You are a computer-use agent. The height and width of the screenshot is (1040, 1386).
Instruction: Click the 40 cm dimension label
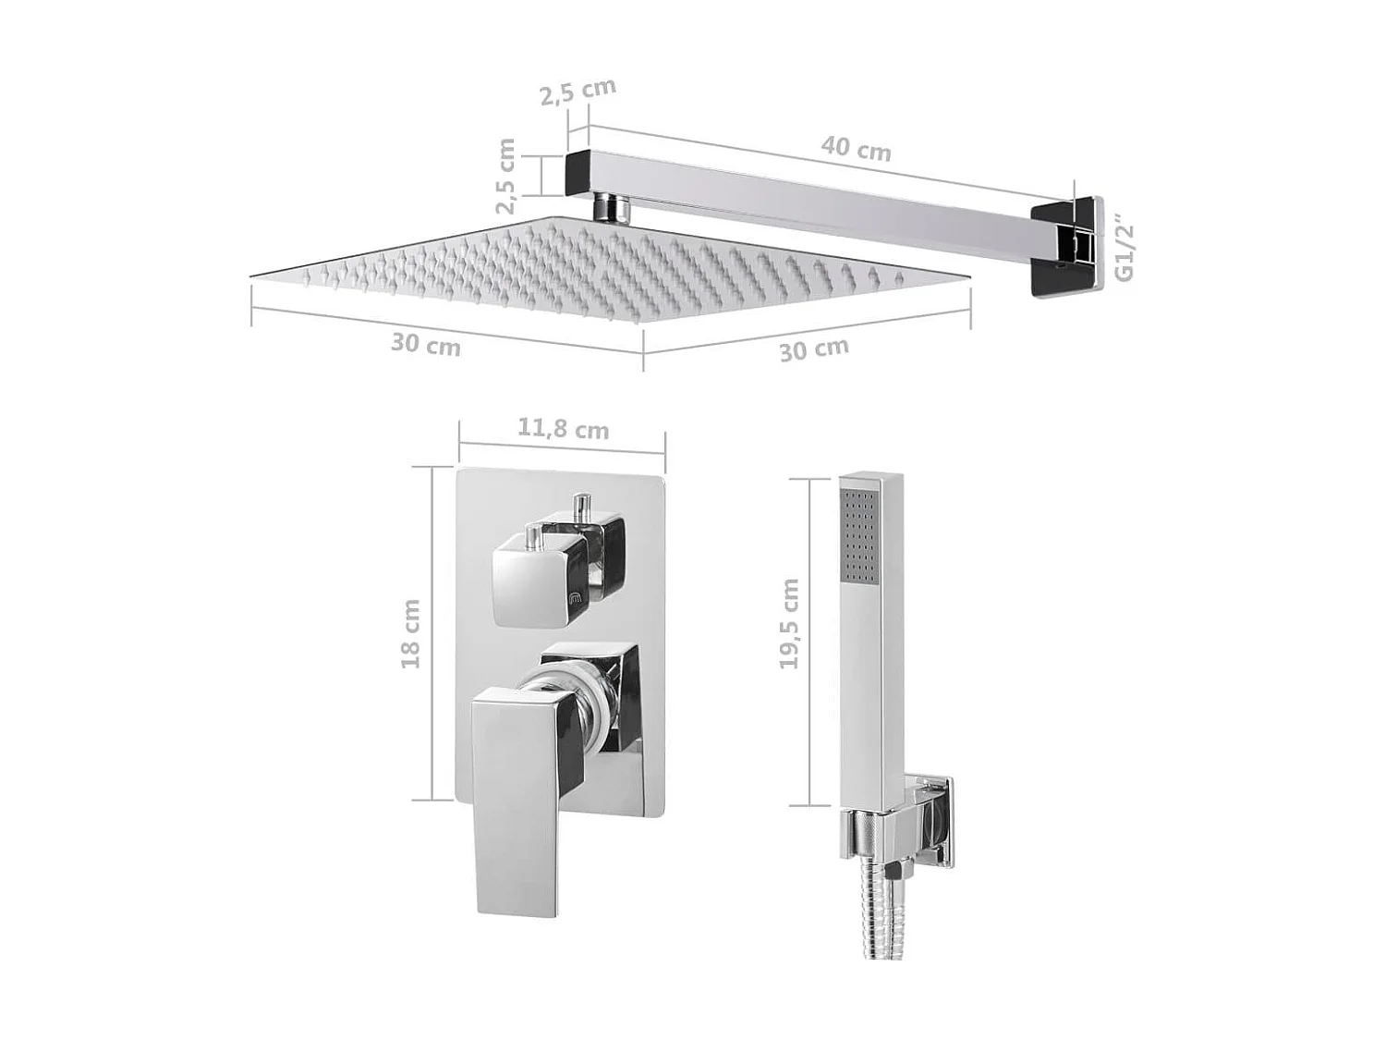point(856,149)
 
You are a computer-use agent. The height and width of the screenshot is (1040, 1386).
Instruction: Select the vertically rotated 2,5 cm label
point(505,176)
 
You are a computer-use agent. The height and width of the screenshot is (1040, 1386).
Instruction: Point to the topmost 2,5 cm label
point(577,92)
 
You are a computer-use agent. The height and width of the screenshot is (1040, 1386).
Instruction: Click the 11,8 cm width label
point(563,429)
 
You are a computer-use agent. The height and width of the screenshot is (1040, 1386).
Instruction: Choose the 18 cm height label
point(410,634)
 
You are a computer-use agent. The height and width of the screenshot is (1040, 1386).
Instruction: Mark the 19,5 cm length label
point(788,624)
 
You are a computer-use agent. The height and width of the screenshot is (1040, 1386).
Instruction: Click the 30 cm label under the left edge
point(425,344)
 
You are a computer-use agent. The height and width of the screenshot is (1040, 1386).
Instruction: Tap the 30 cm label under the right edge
point(813,349)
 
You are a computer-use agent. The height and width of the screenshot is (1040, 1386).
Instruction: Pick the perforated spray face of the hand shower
point(858,536)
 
